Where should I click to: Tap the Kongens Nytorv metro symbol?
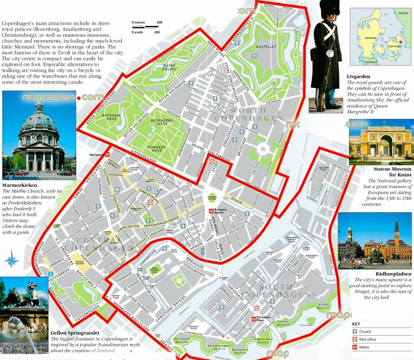pyautogui.click(x=211, y=210)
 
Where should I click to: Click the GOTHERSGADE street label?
pyautogui.click(x=153, y=153)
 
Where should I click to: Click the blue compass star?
pyautogui.click(x=11, y=260)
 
